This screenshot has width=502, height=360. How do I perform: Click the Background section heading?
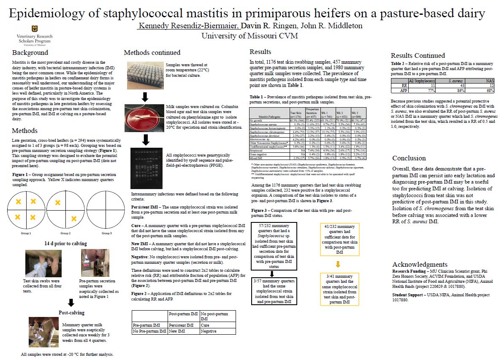click(30, 53)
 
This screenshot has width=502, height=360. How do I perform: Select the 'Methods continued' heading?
click(152, 53)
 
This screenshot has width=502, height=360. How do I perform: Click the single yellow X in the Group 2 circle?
click(73, 218)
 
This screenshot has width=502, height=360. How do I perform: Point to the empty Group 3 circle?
click(106, 210)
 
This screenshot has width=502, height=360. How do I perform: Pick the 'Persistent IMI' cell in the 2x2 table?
click(183, 325)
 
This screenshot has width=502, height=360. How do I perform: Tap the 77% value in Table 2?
click(421, 90)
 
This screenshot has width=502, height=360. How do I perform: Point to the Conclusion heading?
click(409, 158)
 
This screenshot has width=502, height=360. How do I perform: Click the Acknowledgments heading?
click(419, 265)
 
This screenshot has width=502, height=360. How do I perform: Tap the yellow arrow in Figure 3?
click(338, 265)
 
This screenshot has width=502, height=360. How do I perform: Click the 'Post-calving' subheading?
click(71, 313)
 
